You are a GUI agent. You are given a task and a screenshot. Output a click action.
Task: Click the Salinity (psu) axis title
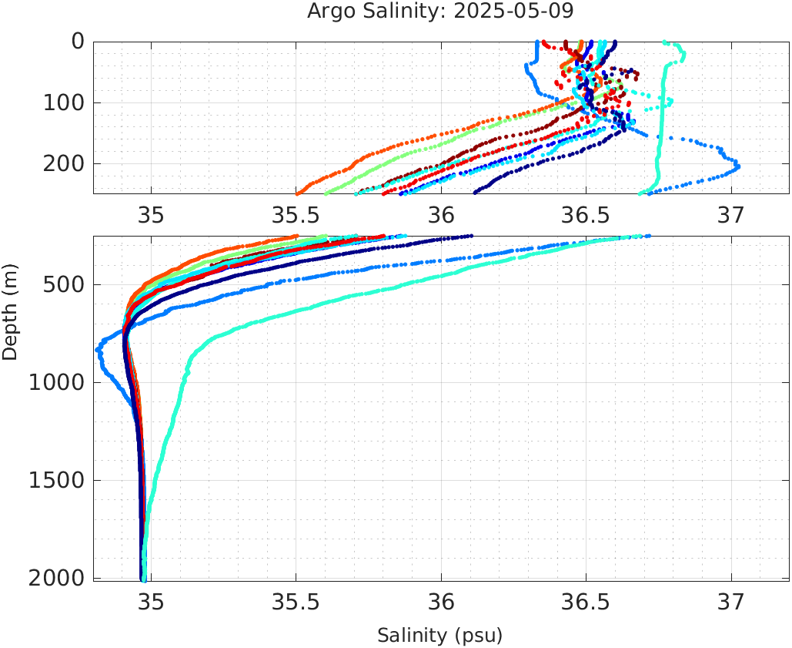click(439, 636)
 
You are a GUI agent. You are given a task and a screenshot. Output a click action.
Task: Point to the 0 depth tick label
click(78, 42)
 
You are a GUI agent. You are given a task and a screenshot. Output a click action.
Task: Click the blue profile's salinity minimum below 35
click(98, 350)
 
